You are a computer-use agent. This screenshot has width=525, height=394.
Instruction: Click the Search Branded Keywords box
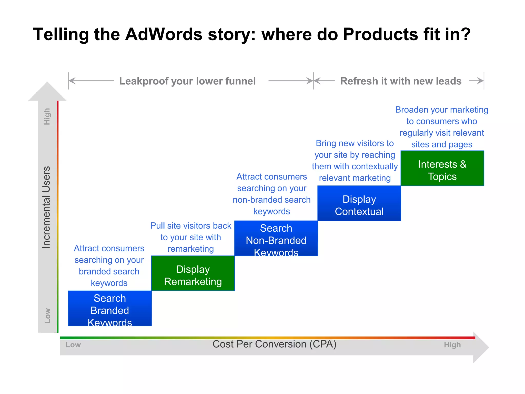pyautogui.click(x=110, y=308)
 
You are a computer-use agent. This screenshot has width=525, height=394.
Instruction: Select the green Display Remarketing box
pyautogui.click(x=193, y=273)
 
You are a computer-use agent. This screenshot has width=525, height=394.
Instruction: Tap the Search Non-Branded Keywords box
pyautogui.click(x=276, y=238)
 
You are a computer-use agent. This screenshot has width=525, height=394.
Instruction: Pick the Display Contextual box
pyautogui.click(x=359, y=203)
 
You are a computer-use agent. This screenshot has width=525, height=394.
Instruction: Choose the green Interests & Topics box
pyautogui.click(x=442, y=169)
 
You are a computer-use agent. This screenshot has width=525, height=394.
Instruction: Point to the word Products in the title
pyautogui.click(x=380, y=34)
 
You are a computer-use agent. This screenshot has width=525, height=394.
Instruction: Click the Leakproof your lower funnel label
pyautogui.click(x=187, y=81)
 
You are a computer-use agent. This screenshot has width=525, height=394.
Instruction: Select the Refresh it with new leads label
pyautogui.click(x=401, y=81)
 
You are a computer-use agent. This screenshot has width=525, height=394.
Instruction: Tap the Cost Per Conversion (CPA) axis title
pyautogui.click(x=274, y=344)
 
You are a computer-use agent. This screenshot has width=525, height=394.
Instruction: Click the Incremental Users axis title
pyautogui.click(x=46, y=207)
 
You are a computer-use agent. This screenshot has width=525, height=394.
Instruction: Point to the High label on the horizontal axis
pyautogui.click(x=452, y=345)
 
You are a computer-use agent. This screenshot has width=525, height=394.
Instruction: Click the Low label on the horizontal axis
pyautogui.click(x=73, y=345)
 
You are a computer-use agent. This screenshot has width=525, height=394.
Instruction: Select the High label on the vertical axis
pyautogui.click(x=47, y=116)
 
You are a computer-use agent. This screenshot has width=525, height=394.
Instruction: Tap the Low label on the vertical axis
pyautogui.click(x=47, y=316)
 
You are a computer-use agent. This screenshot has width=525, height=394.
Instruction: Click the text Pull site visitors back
pyautogui.click(x=191, y=226)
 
